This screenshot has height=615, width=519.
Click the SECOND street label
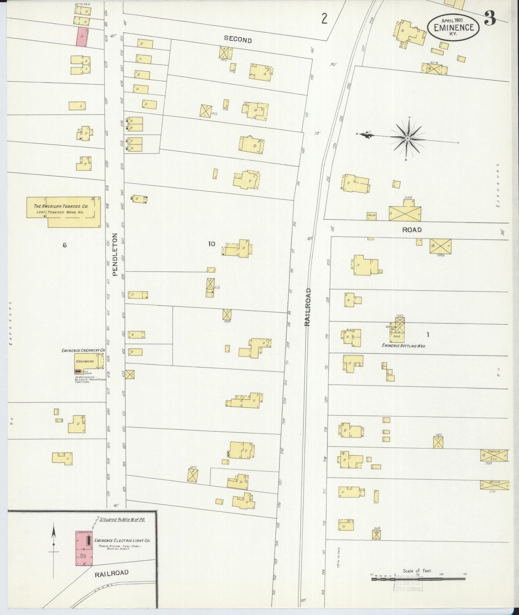pos(237,40)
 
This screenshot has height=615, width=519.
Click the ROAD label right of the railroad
pos(412,230)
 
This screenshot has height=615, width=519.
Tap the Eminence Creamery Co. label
pos(83,350)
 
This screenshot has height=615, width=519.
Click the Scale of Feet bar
pos(418,579)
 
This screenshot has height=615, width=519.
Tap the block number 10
pos(211,244)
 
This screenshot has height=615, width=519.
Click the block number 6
pos(65,245)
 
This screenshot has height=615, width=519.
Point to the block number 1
pos(427,335)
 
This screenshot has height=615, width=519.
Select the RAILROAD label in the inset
pos(111,573)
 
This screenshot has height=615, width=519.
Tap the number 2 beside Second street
pos(324,19)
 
